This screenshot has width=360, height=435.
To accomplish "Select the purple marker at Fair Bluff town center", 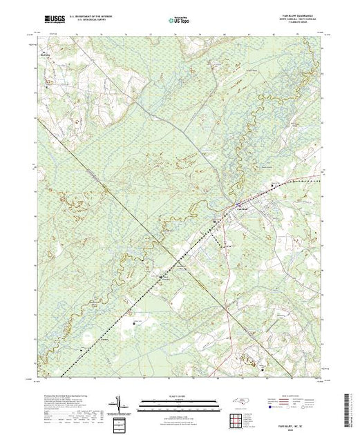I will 239,205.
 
